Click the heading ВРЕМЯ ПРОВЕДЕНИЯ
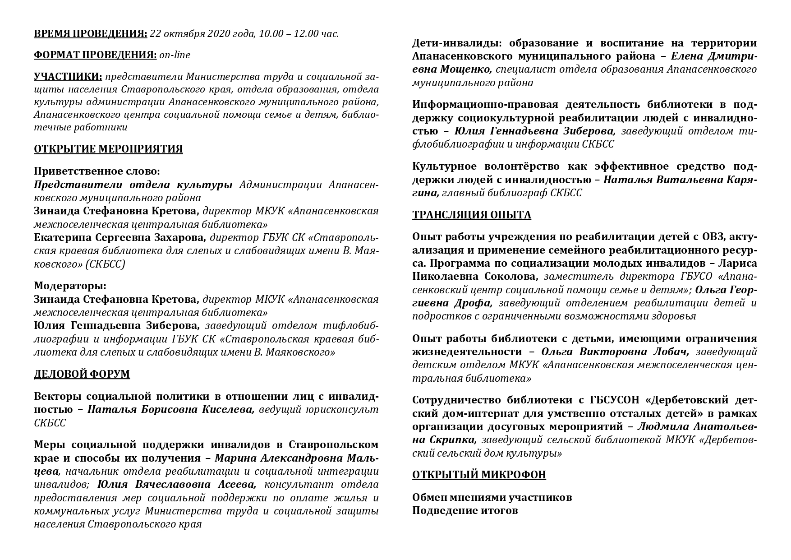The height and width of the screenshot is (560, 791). tap(90, 33)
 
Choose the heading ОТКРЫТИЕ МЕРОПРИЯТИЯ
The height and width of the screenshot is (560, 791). tap(108, 149)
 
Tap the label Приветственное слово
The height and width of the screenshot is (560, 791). tap(97, 171)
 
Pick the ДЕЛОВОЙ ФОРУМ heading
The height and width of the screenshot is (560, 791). tap(82, 374)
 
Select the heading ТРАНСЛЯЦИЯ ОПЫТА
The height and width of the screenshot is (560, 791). tap(471, 215)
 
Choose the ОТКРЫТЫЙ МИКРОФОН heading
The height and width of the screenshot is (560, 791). tap(479, 475)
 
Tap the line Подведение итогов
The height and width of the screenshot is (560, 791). tap(465, 511)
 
